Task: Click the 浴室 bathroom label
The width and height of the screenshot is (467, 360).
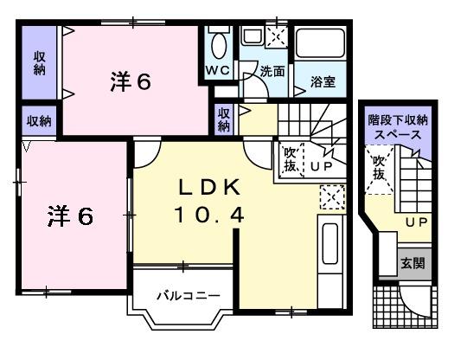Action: (323, 82)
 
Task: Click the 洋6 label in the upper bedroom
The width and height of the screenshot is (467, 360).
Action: (131, 81)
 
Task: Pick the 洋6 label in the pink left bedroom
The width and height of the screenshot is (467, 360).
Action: (69, 215)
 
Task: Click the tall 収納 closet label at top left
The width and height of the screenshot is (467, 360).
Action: (40, 63)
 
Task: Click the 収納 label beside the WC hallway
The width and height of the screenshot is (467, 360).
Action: (224, 119)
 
